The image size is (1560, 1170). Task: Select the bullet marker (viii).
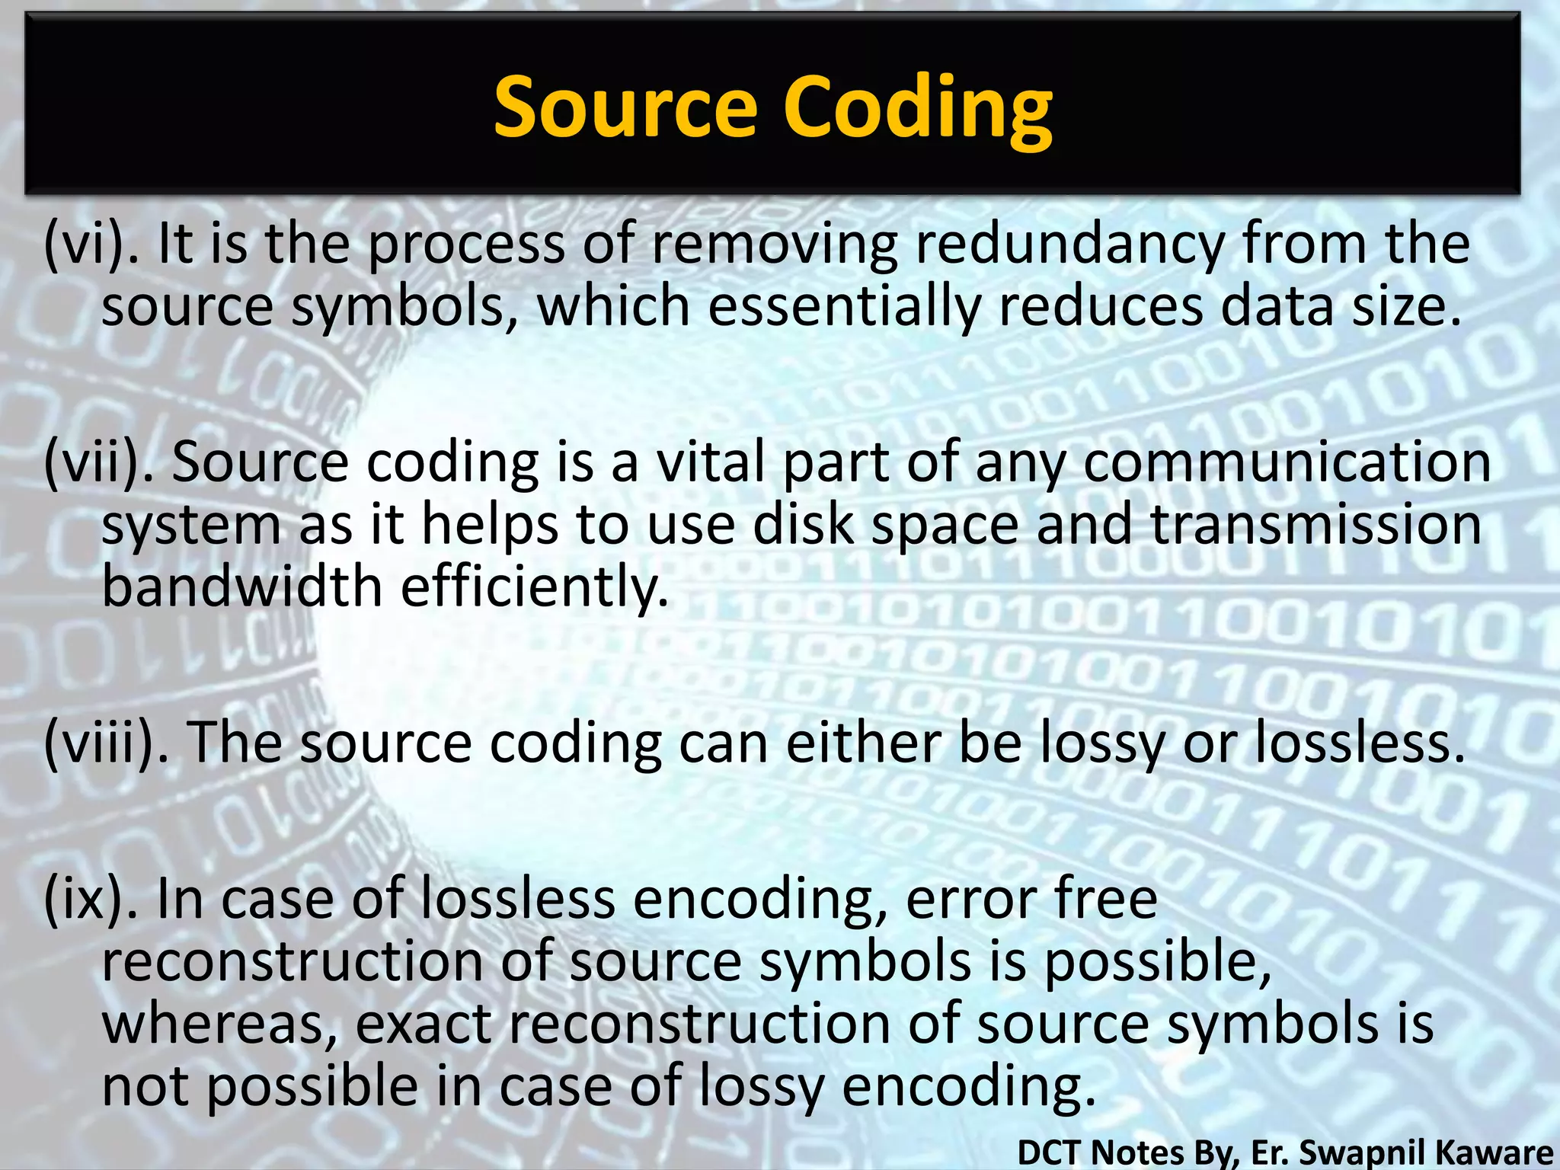pos(107,742)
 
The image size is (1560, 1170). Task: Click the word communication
pos(1287,462)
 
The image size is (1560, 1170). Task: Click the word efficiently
pos(534,587)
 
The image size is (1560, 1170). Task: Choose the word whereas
pos(220,1024)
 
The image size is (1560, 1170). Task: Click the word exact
pos(424,1024)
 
